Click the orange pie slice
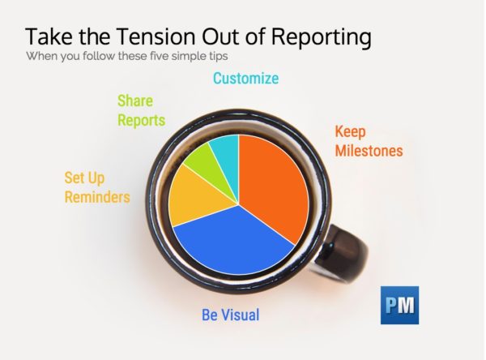pyautogui.click(x=273, y=186)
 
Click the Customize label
pyautogui.click(x=245, y=78)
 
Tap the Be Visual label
pyautogui.click(x=231, y=315)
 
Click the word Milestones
pyautogui.click(x=369, y=151)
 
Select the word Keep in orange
pyautogui.click(x=350, y=132)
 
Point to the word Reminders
pyautogui.click(x=97, y=197)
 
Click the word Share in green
pyautogui.click(x=135, y=101)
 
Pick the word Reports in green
pyautogui.click(x=141, y=121)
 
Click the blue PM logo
pyautogui.click(x=399, y=305)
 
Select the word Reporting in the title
pyautogui.click(x=321, y=37)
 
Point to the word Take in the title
pyautogui.click(x=49, y=36)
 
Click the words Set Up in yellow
pyautogui.click(x=84, y=178)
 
